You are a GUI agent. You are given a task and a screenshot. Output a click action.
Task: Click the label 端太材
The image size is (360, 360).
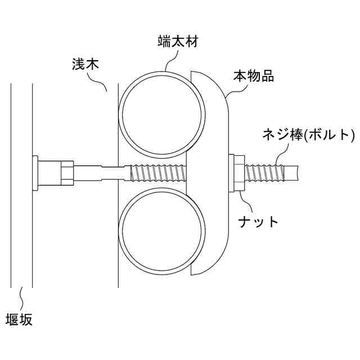178,42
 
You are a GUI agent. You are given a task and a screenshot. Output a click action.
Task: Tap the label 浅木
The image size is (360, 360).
85,64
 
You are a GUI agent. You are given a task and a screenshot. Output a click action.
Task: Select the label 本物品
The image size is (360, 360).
254,76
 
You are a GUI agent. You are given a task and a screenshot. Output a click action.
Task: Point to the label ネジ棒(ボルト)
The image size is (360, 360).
309,135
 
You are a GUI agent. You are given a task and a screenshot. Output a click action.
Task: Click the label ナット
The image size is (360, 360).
258,220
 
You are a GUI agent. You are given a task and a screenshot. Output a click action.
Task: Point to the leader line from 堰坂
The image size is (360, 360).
22,297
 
